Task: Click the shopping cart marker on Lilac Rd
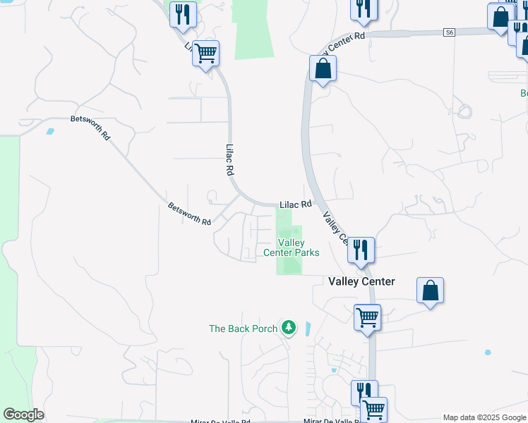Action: tap(205, 52)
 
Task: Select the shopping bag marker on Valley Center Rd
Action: tap(323, 68)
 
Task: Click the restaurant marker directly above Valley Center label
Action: tap(361, 250)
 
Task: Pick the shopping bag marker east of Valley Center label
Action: tap(430, 290)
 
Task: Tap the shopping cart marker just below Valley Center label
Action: tap(368, 317)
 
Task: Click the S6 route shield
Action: tap(450, 32)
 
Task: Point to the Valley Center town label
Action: tap(361, 281)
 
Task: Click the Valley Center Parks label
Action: tap(291, 247)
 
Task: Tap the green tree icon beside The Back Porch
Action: tap(288, 327)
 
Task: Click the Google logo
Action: tap(23, 415)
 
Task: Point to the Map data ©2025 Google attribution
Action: tap(484, 417)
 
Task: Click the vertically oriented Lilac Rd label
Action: tap(229, 161)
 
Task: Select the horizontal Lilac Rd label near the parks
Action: tap(295, 204)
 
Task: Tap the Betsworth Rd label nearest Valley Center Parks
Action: tap(189, 214)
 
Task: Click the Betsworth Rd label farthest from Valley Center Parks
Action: tap(90, 128)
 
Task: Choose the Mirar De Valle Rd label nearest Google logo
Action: tap(220, 421)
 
